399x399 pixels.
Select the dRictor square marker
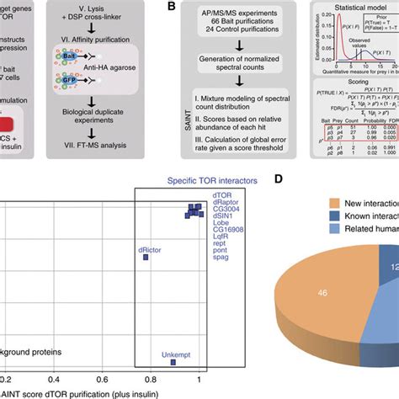click(x=146, y=259)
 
